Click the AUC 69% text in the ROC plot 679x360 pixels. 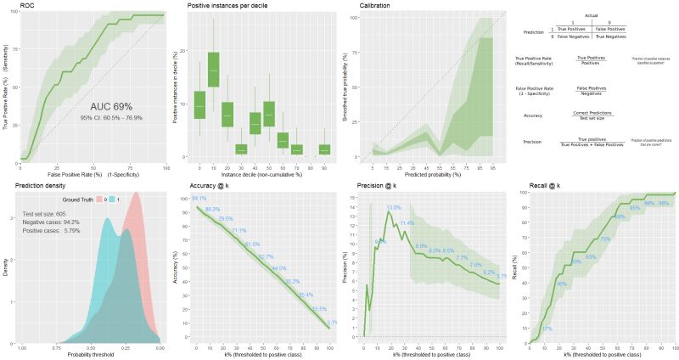(111, 106)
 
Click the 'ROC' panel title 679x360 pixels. (10, 5)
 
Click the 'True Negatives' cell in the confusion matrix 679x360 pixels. (611, 37)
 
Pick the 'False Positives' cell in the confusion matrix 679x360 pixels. (611, 30)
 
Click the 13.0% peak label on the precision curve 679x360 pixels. (394, 207)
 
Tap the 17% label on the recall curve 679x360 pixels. (547, 329)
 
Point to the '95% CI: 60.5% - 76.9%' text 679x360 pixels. (111, 117)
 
